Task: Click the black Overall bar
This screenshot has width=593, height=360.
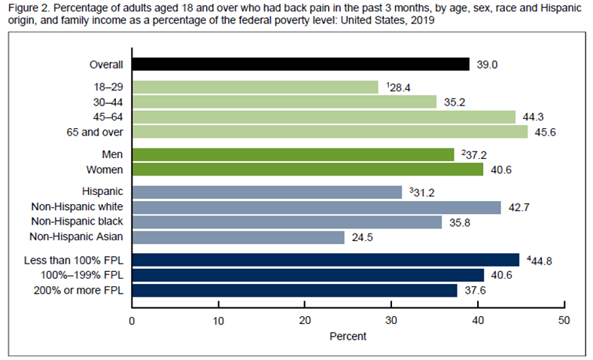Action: (301, 64)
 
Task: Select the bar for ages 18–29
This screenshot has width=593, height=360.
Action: (255, 87)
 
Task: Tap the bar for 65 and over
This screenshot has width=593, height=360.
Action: (330, 132)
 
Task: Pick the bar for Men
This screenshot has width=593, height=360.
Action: (293, 155)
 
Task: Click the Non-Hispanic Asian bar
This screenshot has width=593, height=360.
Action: (239, 237)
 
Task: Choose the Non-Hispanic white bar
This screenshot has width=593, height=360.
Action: (317, 207)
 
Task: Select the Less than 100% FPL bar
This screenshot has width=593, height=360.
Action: (326, 260)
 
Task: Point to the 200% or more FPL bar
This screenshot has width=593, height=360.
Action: (294, 291)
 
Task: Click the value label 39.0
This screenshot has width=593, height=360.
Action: (487, 65)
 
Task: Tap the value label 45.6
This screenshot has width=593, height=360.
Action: (545, 133)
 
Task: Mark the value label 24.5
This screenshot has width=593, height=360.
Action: (362, 238)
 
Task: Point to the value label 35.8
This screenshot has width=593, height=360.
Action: (460, 223)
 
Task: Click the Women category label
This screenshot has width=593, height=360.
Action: (105, 169)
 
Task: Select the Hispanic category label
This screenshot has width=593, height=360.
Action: (102, 191)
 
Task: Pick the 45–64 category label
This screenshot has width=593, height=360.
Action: (108, 117)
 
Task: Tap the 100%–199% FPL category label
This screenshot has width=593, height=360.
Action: (82, 275)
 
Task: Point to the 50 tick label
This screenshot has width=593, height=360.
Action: (564, 321)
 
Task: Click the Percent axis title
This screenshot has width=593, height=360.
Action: (348, 336)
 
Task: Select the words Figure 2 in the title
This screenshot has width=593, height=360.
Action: (29, 8)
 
